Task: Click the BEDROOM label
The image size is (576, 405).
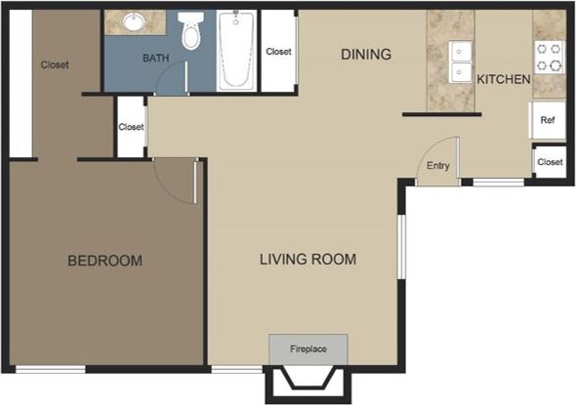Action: (x=104, y=261)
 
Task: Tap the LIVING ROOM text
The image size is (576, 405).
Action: (x=307, y=260)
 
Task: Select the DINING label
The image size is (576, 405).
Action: (x=365, y=55)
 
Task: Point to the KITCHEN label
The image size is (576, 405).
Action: (x=503, y=78)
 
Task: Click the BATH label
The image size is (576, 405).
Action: (x=155, y=59)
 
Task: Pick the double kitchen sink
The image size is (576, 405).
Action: (x=459, y=61)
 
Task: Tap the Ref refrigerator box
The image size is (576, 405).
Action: (x=548, y=120)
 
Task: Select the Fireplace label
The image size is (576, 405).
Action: (x=308, y=348)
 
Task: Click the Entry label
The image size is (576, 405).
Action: (x=437, y=166)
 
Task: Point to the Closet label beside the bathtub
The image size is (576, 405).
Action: (x=279, y=52)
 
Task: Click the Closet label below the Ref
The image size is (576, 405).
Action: (x=549, y=161)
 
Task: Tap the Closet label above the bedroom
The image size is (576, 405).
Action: (x=55, y=65)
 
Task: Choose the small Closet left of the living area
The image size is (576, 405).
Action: (x=131, y=127)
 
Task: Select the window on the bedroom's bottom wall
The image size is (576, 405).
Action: (x=49, y=368)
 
